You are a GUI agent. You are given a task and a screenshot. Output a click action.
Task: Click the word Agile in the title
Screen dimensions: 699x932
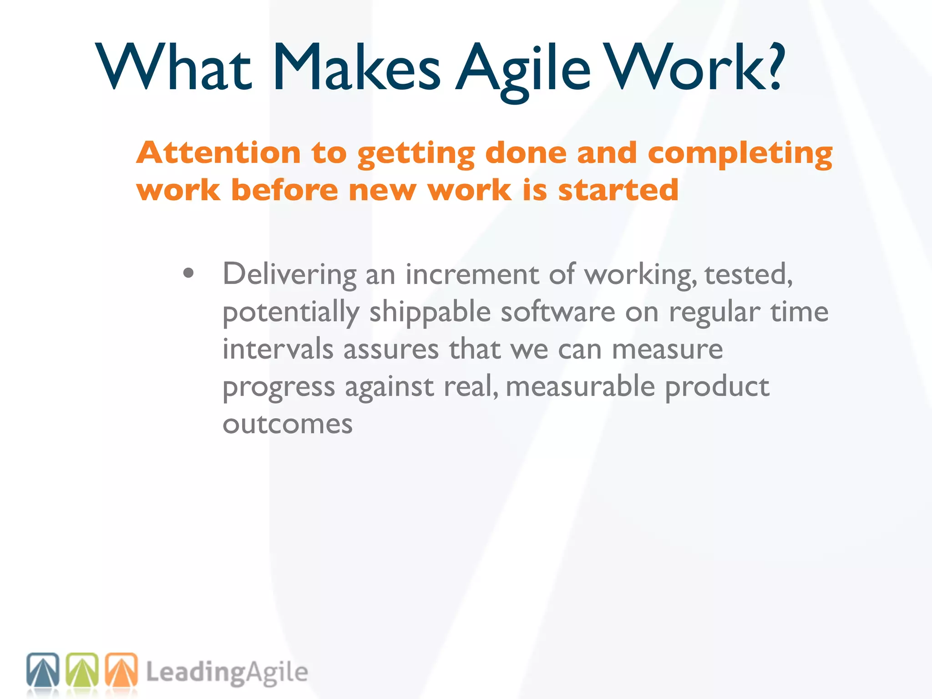click(523, 68)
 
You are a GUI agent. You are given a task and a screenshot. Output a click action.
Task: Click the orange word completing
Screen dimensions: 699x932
click(740, 154)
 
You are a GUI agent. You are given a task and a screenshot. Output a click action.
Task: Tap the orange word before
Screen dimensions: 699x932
click(284, 190)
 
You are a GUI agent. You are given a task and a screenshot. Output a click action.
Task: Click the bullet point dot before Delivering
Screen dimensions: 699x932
click(188, 274)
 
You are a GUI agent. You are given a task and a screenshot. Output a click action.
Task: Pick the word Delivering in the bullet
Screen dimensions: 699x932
click(289, 275)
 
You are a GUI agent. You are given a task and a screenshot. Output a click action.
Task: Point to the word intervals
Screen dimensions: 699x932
click(278, 349)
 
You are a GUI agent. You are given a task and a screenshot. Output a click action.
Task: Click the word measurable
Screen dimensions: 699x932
click(580, 387)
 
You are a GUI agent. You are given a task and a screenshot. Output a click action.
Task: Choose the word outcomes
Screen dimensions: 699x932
click(287, 424)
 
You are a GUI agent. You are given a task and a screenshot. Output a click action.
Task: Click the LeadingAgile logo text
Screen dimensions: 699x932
click(227, 673)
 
